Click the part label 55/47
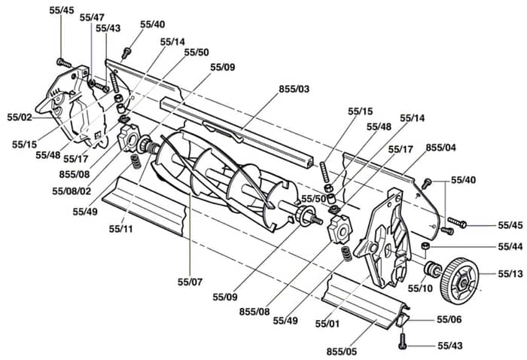92,17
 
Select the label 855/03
294,89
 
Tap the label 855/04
440,148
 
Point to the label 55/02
20,117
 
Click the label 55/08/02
72,191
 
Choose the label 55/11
121,229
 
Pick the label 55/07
190,282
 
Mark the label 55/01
327,324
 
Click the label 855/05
342,352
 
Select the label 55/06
449,319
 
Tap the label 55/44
510,247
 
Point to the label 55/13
510,274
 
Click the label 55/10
420,288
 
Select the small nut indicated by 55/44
425,247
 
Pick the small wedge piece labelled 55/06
402,319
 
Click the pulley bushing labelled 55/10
431,269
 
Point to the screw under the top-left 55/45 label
64,63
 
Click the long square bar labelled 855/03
238,133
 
